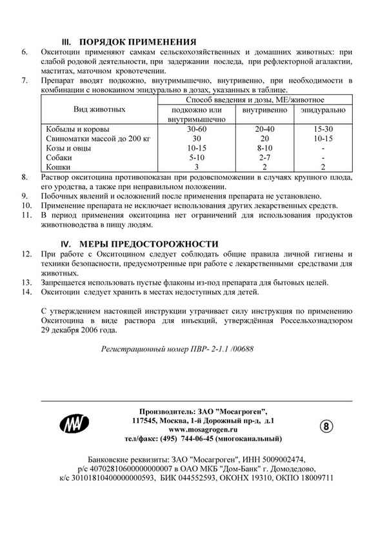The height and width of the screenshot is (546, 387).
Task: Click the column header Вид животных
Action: coord(99,110)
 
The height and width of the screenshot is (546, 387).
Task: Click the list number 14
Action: coord(26,292)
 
